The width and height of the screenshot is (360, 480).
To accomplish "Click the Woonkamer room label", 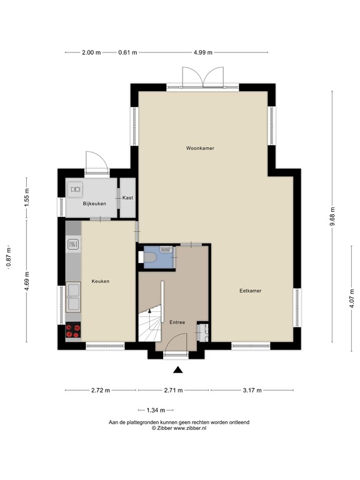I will [x=200, y=148].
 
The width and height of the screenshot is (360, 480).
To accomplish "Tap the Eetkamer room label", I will [x=250, y=291].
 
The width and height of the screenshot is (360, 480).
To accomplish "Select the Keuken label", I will [x=101, y=281].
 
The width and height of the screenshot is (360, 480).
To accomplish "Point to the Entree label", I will [x=177, y=322].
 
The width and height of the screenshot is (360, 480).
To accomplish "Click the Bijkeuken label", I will [x=94, y=203].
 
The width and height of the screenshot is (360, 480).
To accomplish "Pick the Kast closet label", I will [x=127, y=197].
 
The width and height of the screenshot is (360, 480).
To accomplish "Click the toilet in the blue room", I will [x=151, y=257].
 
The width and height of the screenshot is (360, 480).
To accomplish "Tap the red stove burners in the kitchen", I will [x=72, y=330].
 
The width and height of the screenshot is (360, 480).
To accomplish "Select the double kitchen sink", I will [x=73, y=296].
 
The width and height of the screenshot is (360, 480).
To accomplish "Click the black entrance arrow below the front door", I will [x=179, y=370].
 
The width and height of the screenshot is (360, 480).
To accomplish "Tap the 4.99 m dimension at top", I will [x=203, y=52].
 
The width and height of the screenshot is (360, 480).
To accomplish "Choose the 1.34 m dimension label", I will [x=155, y=410].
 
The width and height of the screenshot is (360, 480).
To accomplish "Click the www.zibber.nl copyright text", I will [x=179, y=429].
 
